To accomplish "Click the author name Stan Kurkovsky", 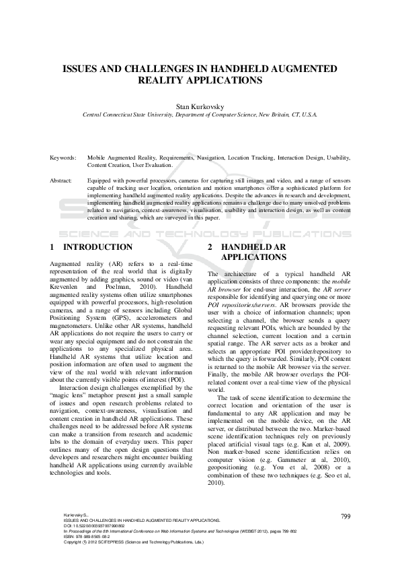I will click(x=200, y=106).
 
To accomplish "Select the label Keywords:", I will click(x=64, y=157).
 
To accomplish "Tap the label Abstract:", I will click(x=61, y=181).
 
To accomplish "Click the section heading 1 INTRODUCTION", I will click(x=91, y=247).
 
